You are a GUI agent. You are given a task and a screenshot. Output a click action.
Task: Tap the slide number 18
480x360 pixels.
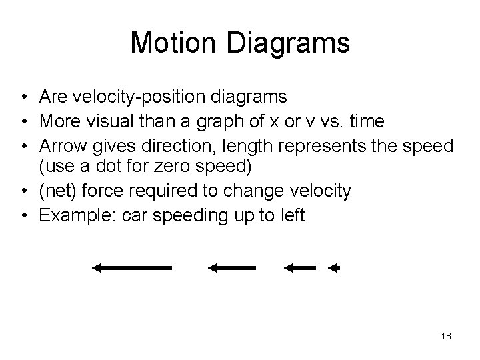(446, 336)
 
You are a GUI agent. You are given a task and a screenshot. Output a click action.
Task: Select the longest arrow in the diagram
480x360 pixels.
(132, 268)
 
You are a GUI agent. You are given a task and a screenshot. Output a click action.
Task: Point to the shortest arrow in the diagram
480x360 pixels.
(333, 268)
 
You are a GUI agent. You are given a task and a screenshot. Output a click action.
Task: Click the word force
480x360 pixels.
(101, 192)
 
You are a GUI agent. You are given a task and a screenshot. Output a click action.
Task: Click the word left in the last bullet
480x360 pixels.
(293, 215)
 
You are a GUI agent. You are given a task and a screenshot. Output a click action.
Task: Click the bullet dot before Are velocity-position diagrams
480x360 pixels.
(24, 98)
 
